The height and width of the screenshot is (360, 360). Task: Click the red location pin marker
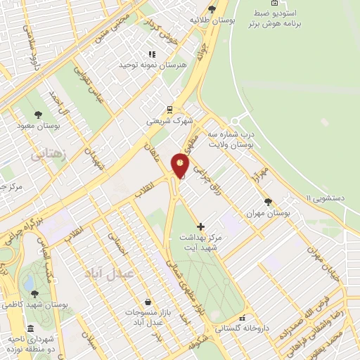[181, 166]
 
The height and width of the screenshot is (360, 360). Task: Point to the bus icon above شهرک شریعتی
[169, 109]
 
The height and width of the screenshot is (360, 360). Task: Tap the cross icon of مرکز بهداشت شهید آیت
[202, 226]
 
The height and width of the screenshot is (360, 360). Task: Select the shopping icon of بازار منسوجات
[146, 301]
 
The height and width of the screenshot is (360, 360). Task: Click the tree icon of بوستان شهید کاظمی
[34, 293]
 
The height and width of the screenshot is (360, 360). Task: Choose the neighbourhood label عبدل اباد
[108, 273]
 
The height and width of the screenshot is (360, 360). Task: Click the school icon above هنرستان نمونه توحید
[151, 54]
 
